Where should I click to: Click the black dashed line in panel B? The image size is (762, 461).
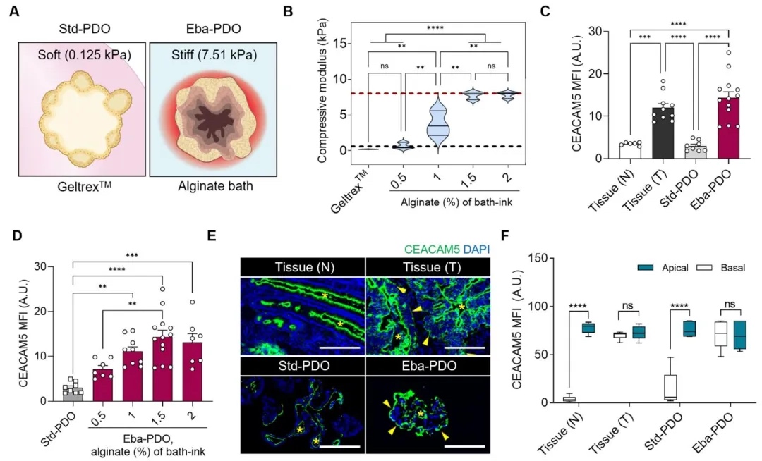click(x=395, y=146)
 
